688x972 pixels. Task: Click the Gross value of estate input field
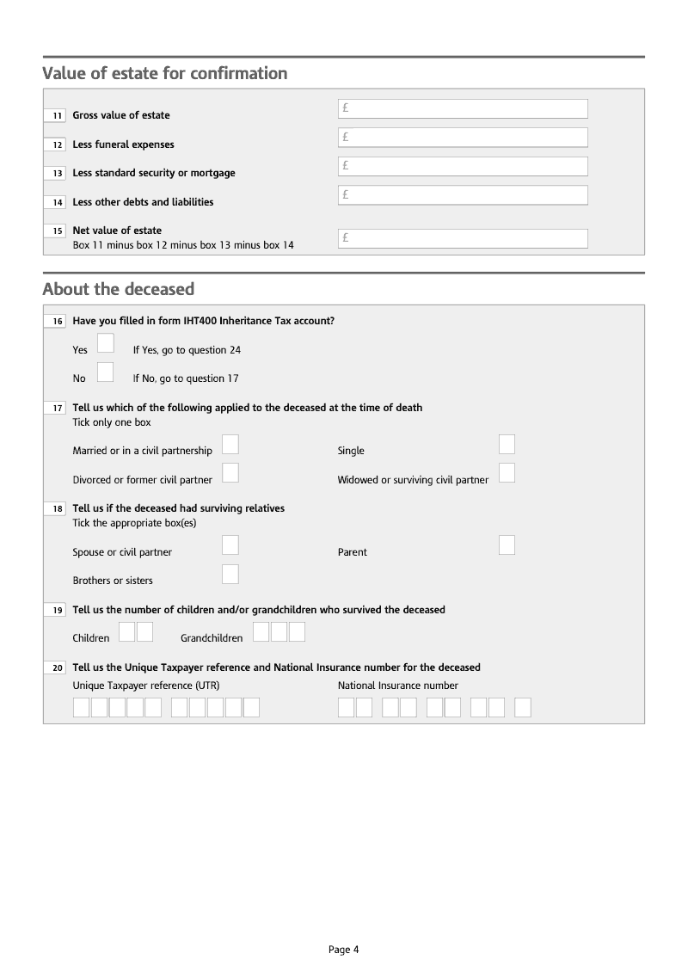[463, 108]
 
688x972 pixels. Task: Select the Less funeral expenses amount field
[463, 138]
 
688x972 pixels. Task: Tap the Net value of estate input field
[463, 238]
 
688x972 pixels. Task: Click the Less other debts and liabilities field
[463, 195]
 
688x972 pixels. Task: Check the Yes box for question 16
[106, 343]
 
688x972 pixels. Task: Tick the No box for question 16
[106, 372]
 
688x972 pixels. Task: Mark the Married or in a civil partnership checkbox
[230, 444]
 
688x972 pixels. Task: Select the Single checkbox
[507, 444]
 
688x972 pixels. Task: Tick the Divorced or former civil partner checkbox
[230, 473]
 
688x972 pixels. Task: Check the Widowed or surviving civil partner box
[507, 473]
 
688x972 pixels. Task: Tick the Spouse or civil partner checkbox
[230, 545]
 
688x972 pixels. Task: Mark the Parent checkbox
[507, 545]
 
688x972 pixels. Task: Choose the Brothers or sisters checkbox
[230, 574]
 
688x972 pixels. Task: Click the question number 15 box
[55, 231]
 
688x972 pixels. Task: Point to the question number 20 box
[55, 668]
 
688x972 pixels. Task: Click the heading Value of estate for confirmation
[165, 74]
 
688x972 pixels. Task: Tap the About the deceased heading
[119, 289]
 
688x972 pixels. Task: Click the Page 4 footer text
[343, 950]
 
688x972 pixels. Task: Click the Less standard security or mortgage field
[463, 166]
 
